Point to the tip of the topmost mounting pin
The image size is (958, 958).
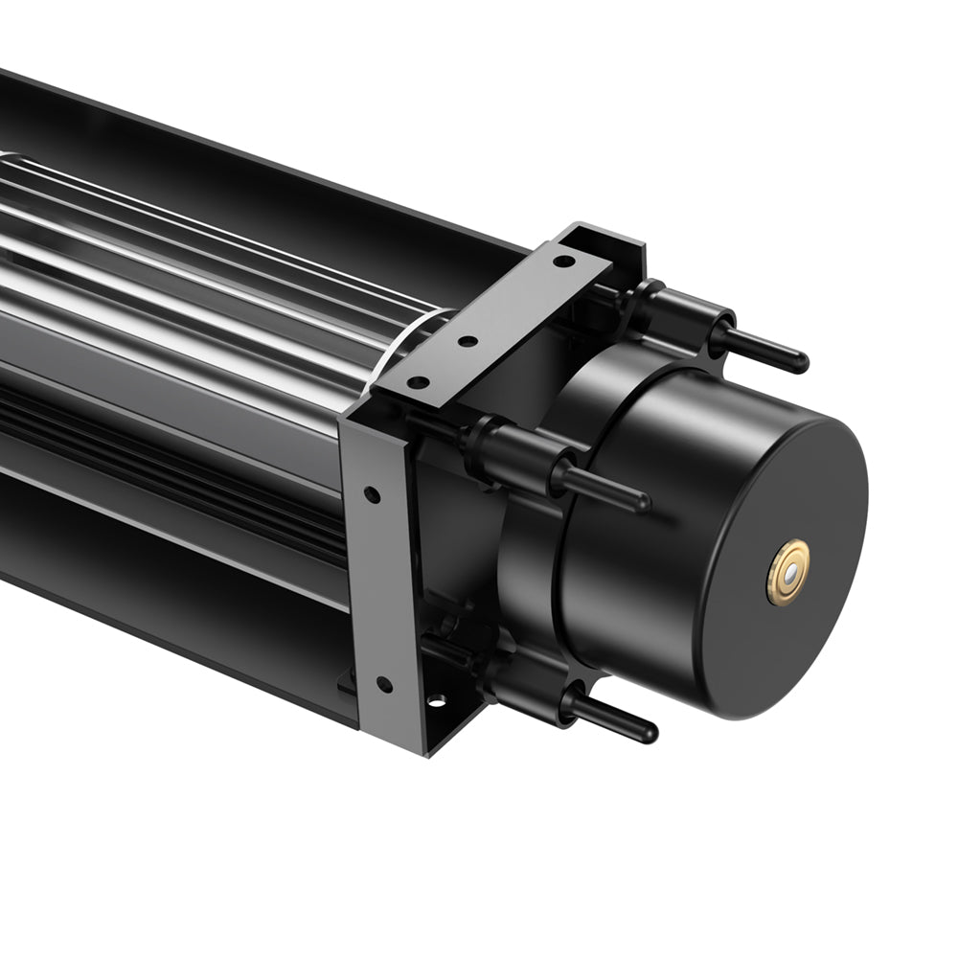coord(801,362)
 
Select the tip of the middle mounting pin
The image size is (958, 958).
coord(642,502)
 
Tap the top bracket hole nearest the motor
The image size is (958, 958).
coord(566,261)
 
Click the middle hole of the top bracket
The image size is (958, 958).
coord(468,341)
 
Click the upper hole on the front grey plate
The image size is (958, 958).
coord(372,495)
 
